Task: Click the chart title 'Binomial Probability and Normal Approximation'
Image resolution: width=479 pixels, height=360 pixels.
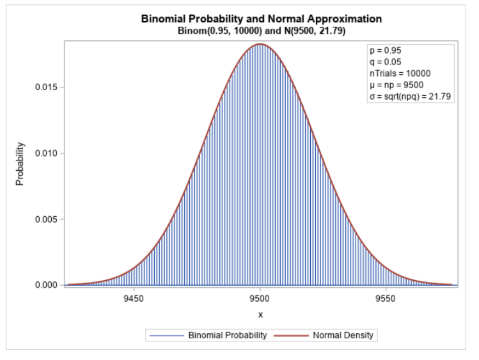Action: pyautogui.click(x=261, y=19)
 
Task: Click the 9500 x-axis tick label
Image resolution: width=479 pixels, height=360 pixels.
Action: pyautogui.click(x=260, y=299)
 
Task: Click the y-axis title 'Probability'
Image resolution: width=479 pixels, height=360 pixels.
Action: pyautogui.click(x=20, y=164)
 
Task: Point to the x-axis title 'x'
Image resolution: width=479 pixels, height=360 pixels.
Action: pyautogui.click(x=260, y=315)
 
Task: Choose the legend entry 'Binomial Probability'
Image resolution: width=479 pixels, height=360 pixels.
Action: pyautogui.click(x=227, y=335)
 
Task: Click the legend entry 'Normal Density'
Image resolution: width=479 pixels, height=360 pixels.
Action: pyautogui.click(x=343, y=335)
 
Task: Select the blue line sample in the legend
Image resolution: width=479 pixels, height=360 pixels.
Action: pyautogui.click(x=166, y=335)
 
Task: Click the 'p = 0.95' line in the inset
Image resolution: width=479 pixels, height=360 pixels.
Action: pyautogui.click(x=384, y=50)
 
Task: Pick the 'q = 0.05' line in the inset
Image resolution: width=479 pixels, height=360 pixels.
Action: pyautogui.click(x=384, y=61)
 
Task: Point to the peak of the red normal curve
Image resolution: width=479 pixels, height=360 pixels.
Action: pyautogui.click(x=260, y=44)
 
